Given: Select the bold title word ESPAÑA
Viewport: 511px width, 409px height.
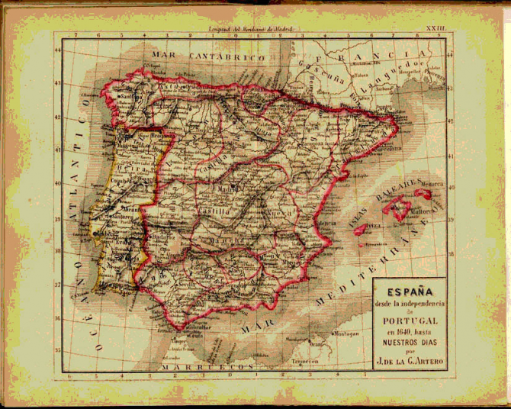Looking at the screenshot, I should (x=408, y=291).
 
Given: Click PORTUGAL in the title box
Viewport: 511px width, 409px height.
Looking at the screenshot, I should (x=408, y=322).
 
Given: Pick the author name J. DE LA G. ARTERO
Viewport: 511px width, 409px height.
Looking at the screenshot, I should (x=408, y=362).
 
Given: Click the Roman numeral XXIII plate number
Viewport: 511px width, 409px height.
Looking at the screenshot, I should (x=437, y=27).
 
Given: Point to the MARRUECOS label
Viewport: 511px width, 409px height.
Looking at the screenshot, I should (x=217, y=366).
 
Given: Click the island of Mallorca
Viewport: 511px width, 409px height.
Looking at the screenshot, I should (x=400, y=208).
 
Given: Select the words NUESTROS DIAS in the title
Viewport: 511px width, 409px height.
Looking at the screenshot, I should (x=408, y=343).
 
